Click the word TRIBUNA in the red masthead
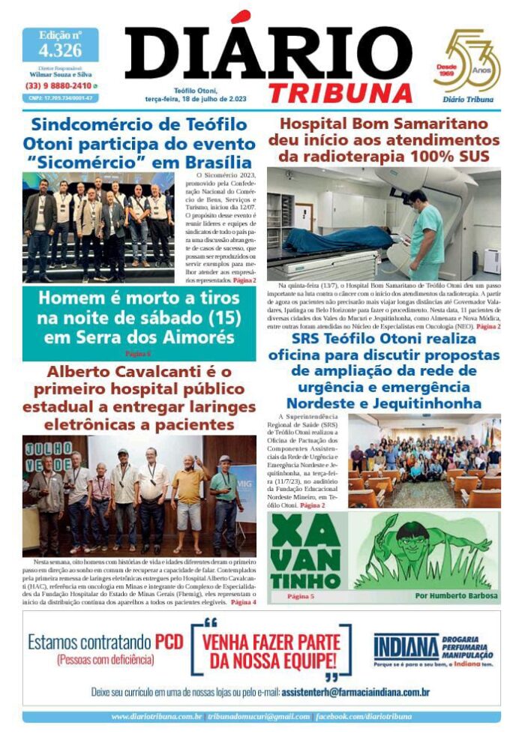[x=340, y=92]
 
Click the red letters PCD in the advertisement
[x=169, y=642]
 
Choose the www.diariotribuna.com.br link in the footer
[x=157, y=717]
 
